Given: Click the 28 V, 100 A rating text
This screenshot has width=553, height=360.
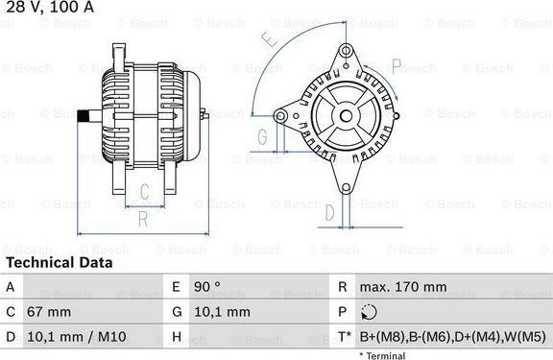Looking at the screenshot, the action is [x=50, y=7].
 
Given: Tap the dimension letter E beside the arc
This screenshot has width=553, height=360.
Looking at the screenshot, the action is [x=269, y=38].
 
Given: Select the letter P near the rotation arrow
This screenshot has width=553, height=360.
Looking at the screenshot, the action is [x=397, y=66].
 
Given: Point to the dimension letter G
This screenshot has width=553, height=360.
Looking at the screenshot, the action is [x=262, y=137].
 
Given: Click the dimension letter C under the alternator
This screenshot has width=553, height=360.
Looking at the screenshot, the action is [x=145, y=191].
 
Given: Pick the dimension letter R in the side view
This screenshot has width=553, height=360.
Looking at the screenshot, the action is [x=143, y=219].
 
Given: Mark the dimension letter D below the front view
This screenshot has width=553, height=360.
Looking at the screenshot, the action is [x=329, y=212].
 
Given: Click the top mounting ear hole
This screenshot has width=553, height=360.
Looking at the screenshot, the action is [x=347, y=51].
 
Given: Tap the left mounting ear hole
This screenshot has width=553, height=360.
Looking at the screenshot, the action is [x=280, y=115].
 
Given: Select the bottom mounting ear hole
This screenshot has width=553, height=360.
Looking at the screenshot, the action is [x=347, y=188].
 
